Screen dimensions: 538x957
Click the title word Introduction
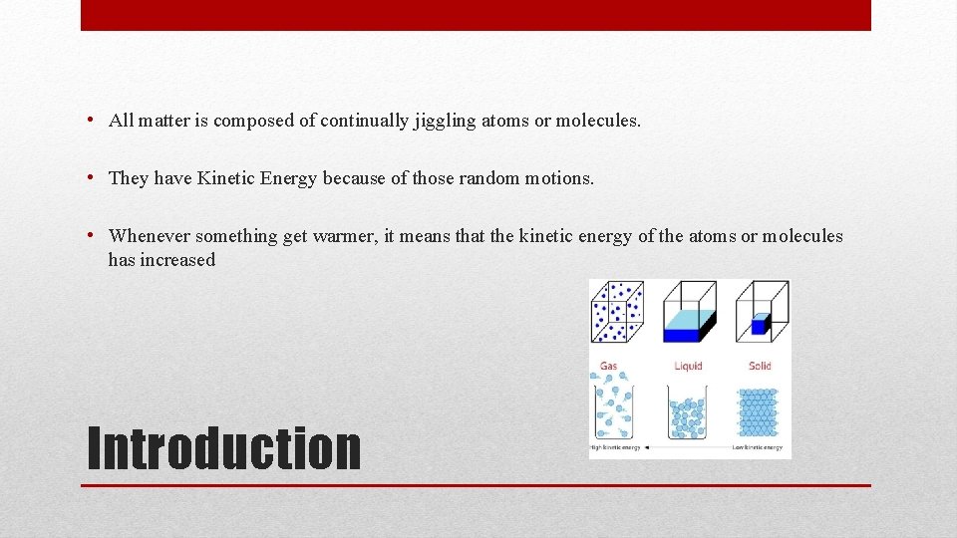(224, 448)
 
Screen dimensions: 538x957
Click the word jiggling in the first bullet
(443, 121)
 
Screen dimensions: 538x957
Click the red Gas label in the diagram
(608, 366)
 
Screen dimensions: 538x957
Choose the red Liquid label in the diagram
(689, 366)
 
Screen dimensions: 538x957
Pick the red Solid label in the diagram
(760, 366)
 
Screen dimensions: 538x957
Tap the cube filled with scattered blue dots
(618, 311)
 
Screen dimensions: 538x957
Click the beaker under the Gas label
(615, 408)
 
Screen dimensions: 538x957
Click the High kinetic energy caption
(615, 448)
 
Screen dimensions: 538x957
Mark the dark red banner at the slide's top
(476, 15)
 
